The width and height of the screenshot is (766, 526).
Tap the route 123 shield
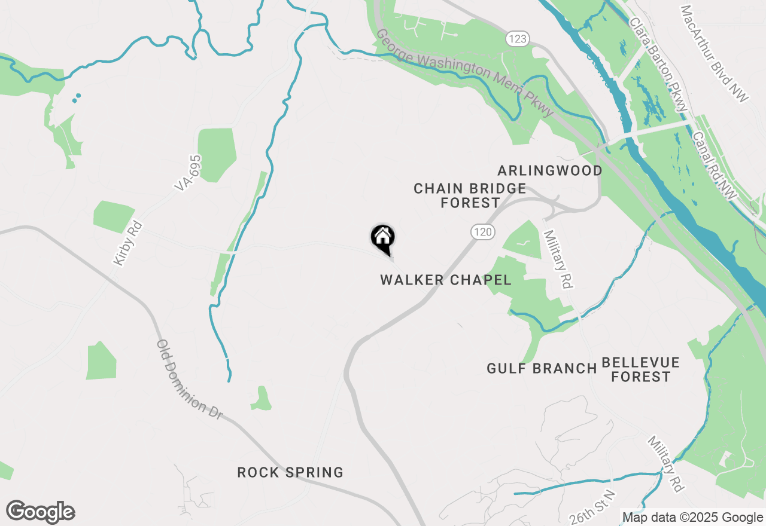[x=516, y=39]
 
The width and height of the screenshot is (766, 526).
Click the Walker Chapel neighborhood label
[x=445, y=280]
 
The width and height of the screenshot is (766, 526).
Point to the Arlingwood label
[x=550, y=171]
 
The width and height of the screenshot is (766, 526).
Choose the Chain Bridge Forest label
[x=470, y=195]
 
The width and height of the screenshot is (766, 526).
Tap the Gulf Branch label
[x=542, y=368]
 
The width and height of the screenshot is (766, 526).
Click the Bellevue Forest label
[x=640, y=369]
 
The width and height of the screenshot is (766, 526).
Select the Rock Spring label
[x=290, y=472]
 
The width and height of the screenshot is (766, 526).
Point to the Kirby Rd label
[x=127, y=244]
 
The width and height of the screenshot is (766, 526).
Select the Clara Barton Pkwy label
[x=657, y=63]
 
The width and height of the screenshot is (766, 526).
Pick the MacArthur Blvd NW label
[x=715, y=54]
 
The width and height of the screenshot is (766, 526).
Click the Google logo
[x=41, y=512]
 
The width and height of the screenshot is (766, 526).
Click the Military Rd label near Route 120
[x=556, y=258]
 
